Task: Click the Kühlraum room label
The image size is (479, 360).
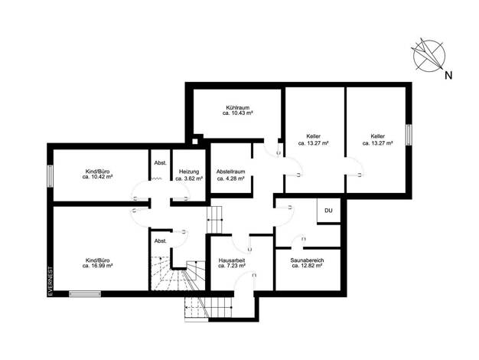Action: (238, 110)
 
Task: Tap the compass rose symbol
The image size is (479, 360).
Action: (428, 56)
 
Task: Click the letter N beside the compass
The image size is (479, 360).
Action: (448, 75)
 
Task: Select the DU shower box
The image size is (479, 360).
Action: (329, 211)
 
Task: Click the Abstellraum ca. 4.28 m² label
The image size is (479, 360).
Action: (230, 175)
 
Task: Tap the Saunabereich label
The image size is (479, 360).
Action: (307, 263)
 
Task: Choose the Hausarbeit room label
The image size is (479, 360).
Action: (232, 263)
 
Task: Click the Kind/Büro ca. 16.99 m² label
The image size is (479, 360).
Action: (98, 263)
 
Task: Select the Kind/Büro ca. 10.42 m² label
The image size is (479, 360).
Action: (98, 174)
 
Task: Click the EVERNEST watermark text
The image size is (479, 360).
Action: (51, 281)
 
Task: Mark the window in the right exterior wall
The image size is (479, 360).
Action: (409, 135)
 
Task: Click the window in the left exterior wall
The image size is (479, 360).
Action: (50, 176)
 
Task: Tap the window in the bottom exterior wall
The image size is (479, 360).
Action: (85, 294)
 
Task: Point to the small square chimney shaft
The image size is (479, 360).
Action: (194, 141)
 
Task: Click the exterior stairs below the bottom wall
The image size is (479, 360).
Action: (209, 309)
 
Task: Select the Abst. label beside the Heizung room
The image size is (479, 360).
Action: (161, 163)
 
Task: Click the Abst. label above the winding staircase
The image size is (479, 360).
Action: (161, 241)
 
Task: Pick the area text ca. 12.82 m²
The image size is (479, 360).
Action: (307, 266)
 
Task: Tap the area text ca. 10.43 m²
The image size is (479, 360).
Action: (238, 113)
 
